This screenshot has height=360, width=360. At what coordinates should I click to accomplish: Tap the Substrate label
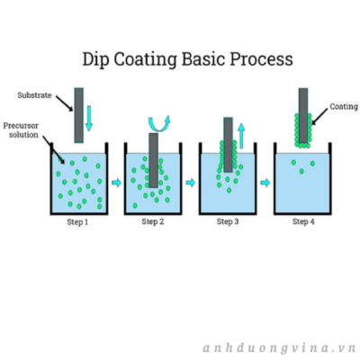(34, 95)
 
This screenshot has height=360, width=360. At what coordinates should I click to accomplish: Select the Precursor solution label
(21, 130)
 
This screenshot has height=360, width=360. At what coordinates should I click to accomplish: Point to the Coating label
(344, 107)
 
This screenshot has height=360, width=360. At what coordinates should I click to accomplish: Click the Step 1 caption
(77, 222)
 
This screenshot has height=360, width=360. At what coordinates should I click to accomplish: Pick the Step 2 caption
(153, 222)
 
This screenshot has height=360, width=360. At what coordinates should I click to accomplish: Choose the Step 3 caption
(228, 222)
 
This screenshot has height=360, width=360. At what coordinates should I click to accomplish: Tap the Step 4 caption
(303, 222)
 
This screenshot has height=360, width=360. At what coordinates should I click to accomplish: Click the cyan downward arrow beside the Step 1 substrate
(89, 118)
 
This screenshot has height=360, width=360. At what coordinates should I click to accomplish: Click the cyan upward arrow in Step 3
(241, 136)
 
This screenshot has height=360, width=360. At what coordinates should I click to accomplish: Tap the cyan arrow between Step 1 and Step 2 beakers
(116, 183)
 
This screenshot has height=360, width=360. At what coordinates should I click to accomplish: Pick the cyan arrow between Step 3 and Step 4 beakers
(265, 183)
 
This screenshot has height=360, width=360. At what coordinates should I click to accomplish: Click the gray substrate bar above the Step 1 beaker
(79, 115)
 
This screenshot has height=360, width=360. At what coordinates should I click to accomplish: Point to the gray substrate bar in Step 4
(303, 115)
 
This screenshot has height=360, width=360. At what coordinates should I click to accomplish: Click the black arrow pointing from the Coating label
(319, 116)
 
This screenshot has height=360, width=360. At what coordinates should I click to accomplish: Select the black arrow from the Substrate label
(64, 103)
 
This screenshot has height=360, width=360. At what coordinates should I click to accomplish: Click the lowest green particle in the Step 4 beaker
(301, 171)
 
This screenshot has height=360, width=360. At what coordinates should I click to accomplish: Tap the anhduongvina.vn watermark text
(279, 348)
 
